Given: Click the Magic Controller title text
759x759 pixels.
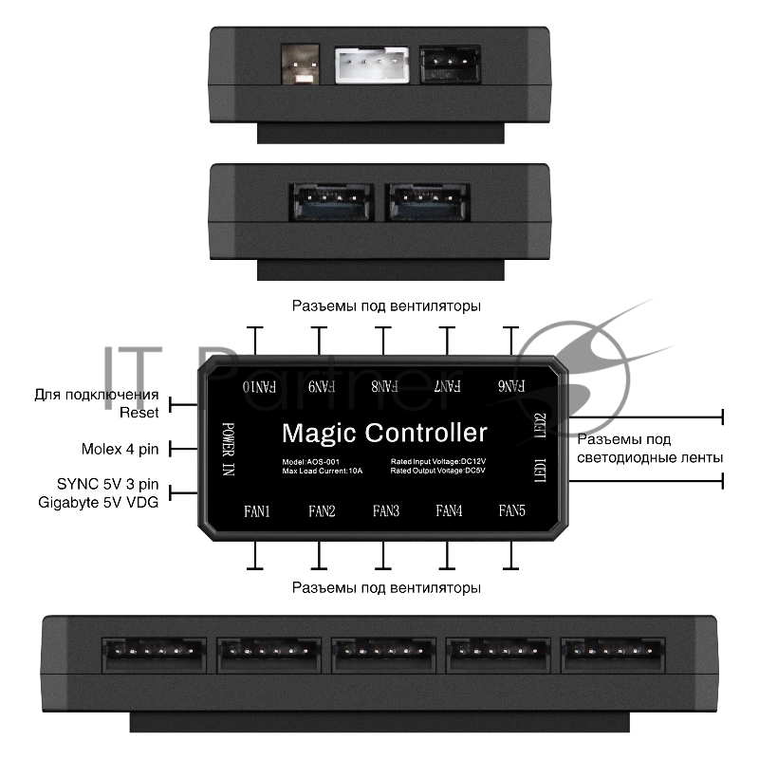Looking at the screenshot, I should point(384,434).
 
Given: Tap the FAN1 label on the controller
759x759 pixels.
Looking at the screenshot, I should point(257,511).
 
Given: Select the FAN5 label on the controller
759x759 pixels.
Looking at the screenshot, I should point(511,511).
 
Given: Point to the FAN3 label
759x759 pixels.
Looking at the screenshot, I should point(385,511).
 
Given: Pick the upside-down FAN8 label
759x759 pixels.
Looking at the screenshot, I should point(383,387).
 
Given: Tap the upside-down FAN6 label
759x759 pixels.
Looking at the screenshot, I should point(511,387).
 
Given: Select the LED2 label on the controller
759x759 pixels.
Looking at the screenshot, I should point(541,424).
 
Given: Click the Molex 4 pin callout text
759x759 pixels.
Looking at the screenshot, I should point(120,448).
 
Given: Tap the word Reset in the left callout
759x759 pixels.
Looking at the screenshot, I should point(139,412).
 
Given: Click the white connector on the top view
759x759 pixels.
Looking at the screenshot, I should point(371,67).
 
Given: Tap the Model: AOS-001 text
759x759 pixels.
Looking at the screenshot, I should point(311,462).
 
